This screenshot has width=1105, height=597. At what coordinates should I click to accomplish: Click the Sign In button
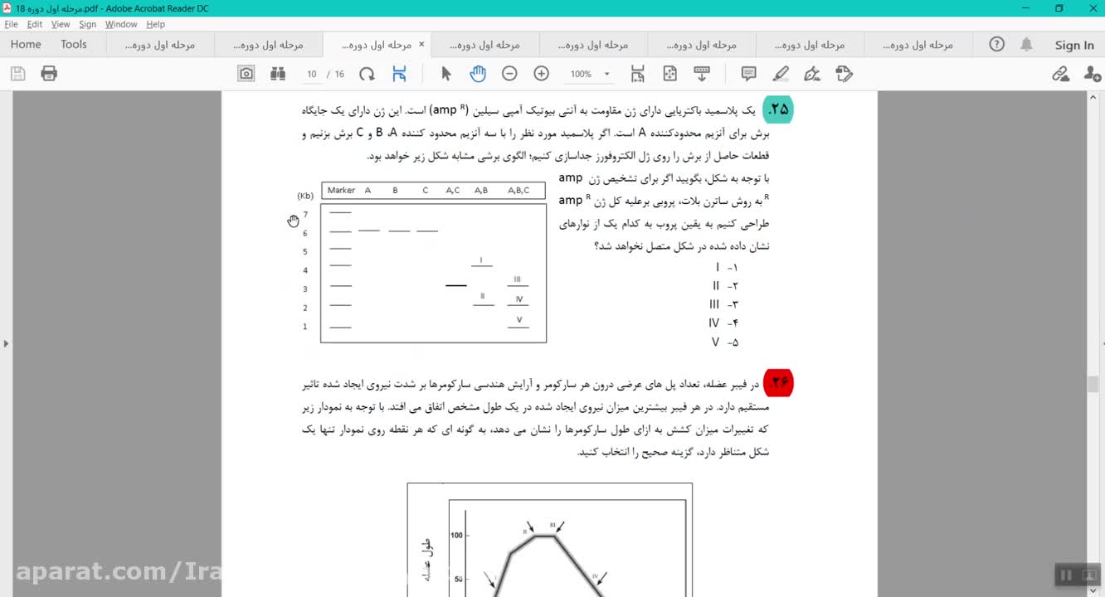pyautogui.click(x=1073, y=45)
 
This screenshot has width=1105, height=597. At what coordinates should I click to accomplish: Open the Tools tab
pyautogui.click(x=74, y=45)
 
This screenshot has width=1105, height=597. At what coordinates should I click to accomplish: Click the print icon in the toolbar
pyautogui.click(x=49, y=74)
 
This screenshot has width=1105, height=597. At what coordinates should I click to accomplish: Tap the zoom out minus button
pyautogui.click(x=509, y=74)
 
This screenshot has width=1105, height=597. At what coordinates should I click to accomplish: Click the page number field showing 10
pyautogui.click(x=312, y=74)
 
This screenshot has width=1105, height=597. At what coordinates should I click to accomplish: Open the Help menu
pyautogui.click(x=155, y=24)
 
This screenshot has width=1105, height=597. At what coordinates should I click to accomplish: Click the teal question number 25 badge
pyautogui.click(x=778, y=109)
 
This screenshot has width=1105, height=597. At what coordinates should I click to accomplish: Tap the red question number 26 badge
pyautogui.click(x=778, y=382)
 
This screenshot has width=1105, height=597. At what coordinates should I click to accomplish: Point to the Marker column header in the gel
pyautogui.click(x=341, y=191)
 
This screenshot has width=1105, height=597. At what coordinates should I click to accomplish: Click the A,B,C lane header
pyautogui.click(x=518, y=191)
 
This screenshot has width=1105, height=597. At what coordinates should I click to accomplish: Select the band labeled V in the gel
pyautogui.click(x=518, y=327)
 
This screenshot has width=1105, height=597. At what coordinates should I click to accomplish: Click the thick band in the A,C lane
pyautogui.click(x=455, y=285)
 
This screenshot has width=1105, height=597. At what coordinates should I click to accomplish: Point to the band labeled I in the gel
pyautogui.click(x=482, y=265)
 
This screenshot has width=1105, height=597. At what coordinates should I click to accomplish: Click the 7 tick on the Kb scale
pyautogui.click(x=305, y=215)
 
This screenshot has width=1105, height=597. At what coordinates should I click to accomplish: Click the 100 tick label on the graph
pyautogui.click(x=456, y=535)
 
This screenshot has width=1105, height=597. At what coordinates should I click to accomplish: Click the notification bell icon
pyautogui.click(x=1026, y=45)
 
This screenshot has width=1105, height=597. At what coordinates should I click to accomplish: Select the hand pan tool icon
pyautogui.click(x=478, y=74)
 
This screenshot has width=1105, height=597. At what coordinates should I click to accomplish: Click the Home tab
pyautogui.click(x=26, y=45)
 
